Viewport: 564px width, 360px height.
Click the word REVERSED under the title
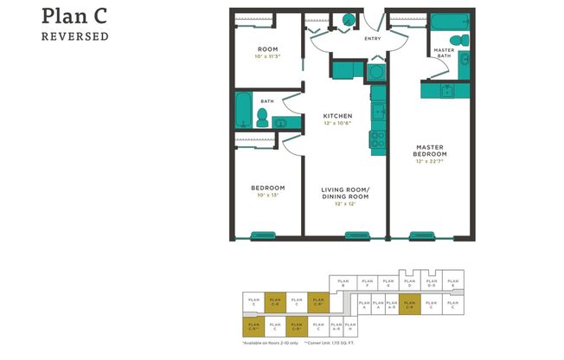74,36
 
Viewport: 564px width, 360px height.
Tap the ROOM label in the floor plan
267,49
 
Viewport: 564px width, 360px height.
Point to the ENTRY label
373,38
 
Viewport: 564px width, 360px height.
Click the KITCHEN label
336,116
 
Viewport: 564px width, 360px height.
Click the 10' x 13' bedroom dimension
267,196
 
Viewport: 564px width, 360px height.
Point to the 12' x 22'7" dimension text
430,162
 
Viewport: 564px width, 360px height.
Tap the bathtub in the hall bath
244,110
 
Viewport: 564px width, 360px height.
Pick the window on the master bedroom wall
422,235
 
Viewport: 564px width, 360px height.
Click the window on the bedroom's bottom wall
263,235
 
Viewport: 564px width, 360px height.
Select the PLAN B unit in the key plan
342,282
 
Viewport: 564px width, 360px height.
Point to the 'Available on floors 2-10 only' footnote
271,343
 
